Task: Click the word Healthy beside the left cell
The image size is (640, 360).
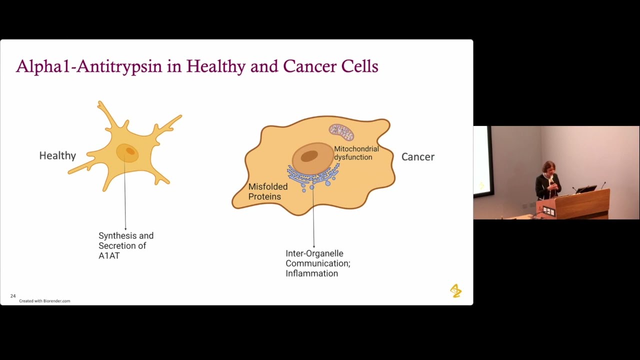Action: [x=57, y=156]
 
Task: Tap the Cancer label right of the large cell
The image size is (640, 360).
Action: [x=418, y=157]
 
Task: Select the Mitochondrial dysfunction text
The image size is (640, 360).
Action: [x=356, y=153]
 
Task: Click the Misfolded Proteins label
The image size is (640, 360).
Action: [x=268, y=191]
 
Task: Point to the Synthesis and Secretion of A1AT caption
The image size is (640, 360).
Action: [x=126, y=245]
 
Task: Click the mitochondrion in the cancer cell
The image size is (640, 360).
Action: [x=341, y=132]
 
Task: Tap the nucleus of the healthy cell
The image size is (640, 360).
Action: [x=128, y=152]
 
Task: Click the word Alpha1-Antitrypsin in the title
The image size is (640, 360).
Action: [x=89, y=66]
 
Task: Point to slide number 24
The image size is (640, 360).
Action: [x=13, y=296]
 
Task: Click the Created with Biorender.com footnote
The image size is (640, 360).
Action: [x=44, y=301]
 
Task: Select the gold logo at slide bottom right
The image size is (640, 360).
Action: [x=455, y=290]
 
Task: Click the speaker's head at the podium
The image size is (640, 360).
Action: [x=549, y=167]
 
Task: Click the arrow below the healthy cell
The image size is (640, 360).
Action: [x=125, y=200]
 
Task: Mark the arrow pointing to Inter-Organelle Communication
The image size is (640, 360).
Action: [x=313, y=220]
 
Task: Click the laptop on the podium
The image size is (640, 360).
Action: [x=586, y=189]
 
